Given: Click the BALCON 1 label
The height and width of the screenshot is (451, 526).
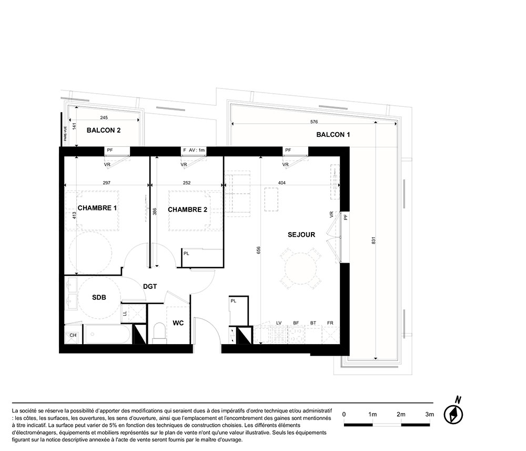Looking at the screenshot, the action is click(333, 135).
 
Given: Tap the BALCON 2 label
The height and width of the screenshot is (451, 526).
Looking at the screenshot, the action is click(103, 130).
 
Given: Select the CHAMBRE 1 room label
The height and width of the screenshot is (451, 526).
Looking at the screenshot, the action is click(97, 208).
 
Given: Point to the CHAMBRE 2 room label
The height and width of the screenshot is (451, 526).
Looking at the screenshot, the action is click(187, 210).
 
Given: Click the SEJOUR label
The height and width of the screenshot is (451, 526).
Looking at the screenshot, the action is click(301, 235).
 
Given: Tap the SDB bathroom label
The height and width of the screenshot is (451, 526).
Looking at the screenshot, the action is click(99, 297).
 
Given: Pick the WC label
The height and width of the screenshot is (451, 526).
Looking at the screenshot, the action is click(178, 323).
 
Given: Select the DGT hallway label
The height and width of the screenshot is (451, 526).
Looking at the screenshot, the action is click(150, 287).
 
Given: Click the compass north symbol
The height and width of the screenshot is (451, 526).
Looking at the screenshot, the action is click(453, 414).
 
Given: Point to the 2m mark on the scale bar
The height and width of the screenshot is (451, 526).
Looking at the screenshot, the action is click(401, 414).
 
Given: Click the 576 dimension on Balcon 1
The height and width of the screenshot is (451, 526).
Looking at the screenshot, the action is click(314, 122).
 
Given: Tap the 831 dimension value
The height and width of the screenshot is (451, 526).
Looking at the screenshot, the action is click(373, 240).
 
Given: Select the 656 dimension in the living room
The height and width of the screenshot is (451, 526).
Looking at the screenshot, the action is click(258, 250).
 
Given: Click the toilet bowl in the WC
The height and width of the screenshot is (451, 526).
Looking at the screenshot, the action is click(159, 333).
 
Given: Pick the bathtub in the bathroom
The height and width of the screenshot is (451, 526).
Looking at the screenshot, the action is click(106, 334).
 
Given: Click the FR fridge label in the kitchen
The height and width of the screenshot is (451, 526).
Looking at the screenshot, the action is click(330, 323).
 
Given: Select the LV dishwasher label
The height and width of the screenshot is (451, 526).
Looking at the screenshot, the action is click(279, 323).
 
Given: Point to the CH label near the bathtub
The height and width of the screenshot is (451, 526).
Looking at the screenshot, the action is click(73, 335).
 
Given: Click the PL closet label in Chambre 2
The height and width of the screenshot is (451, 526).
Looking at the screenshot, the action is click(186, 254).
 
